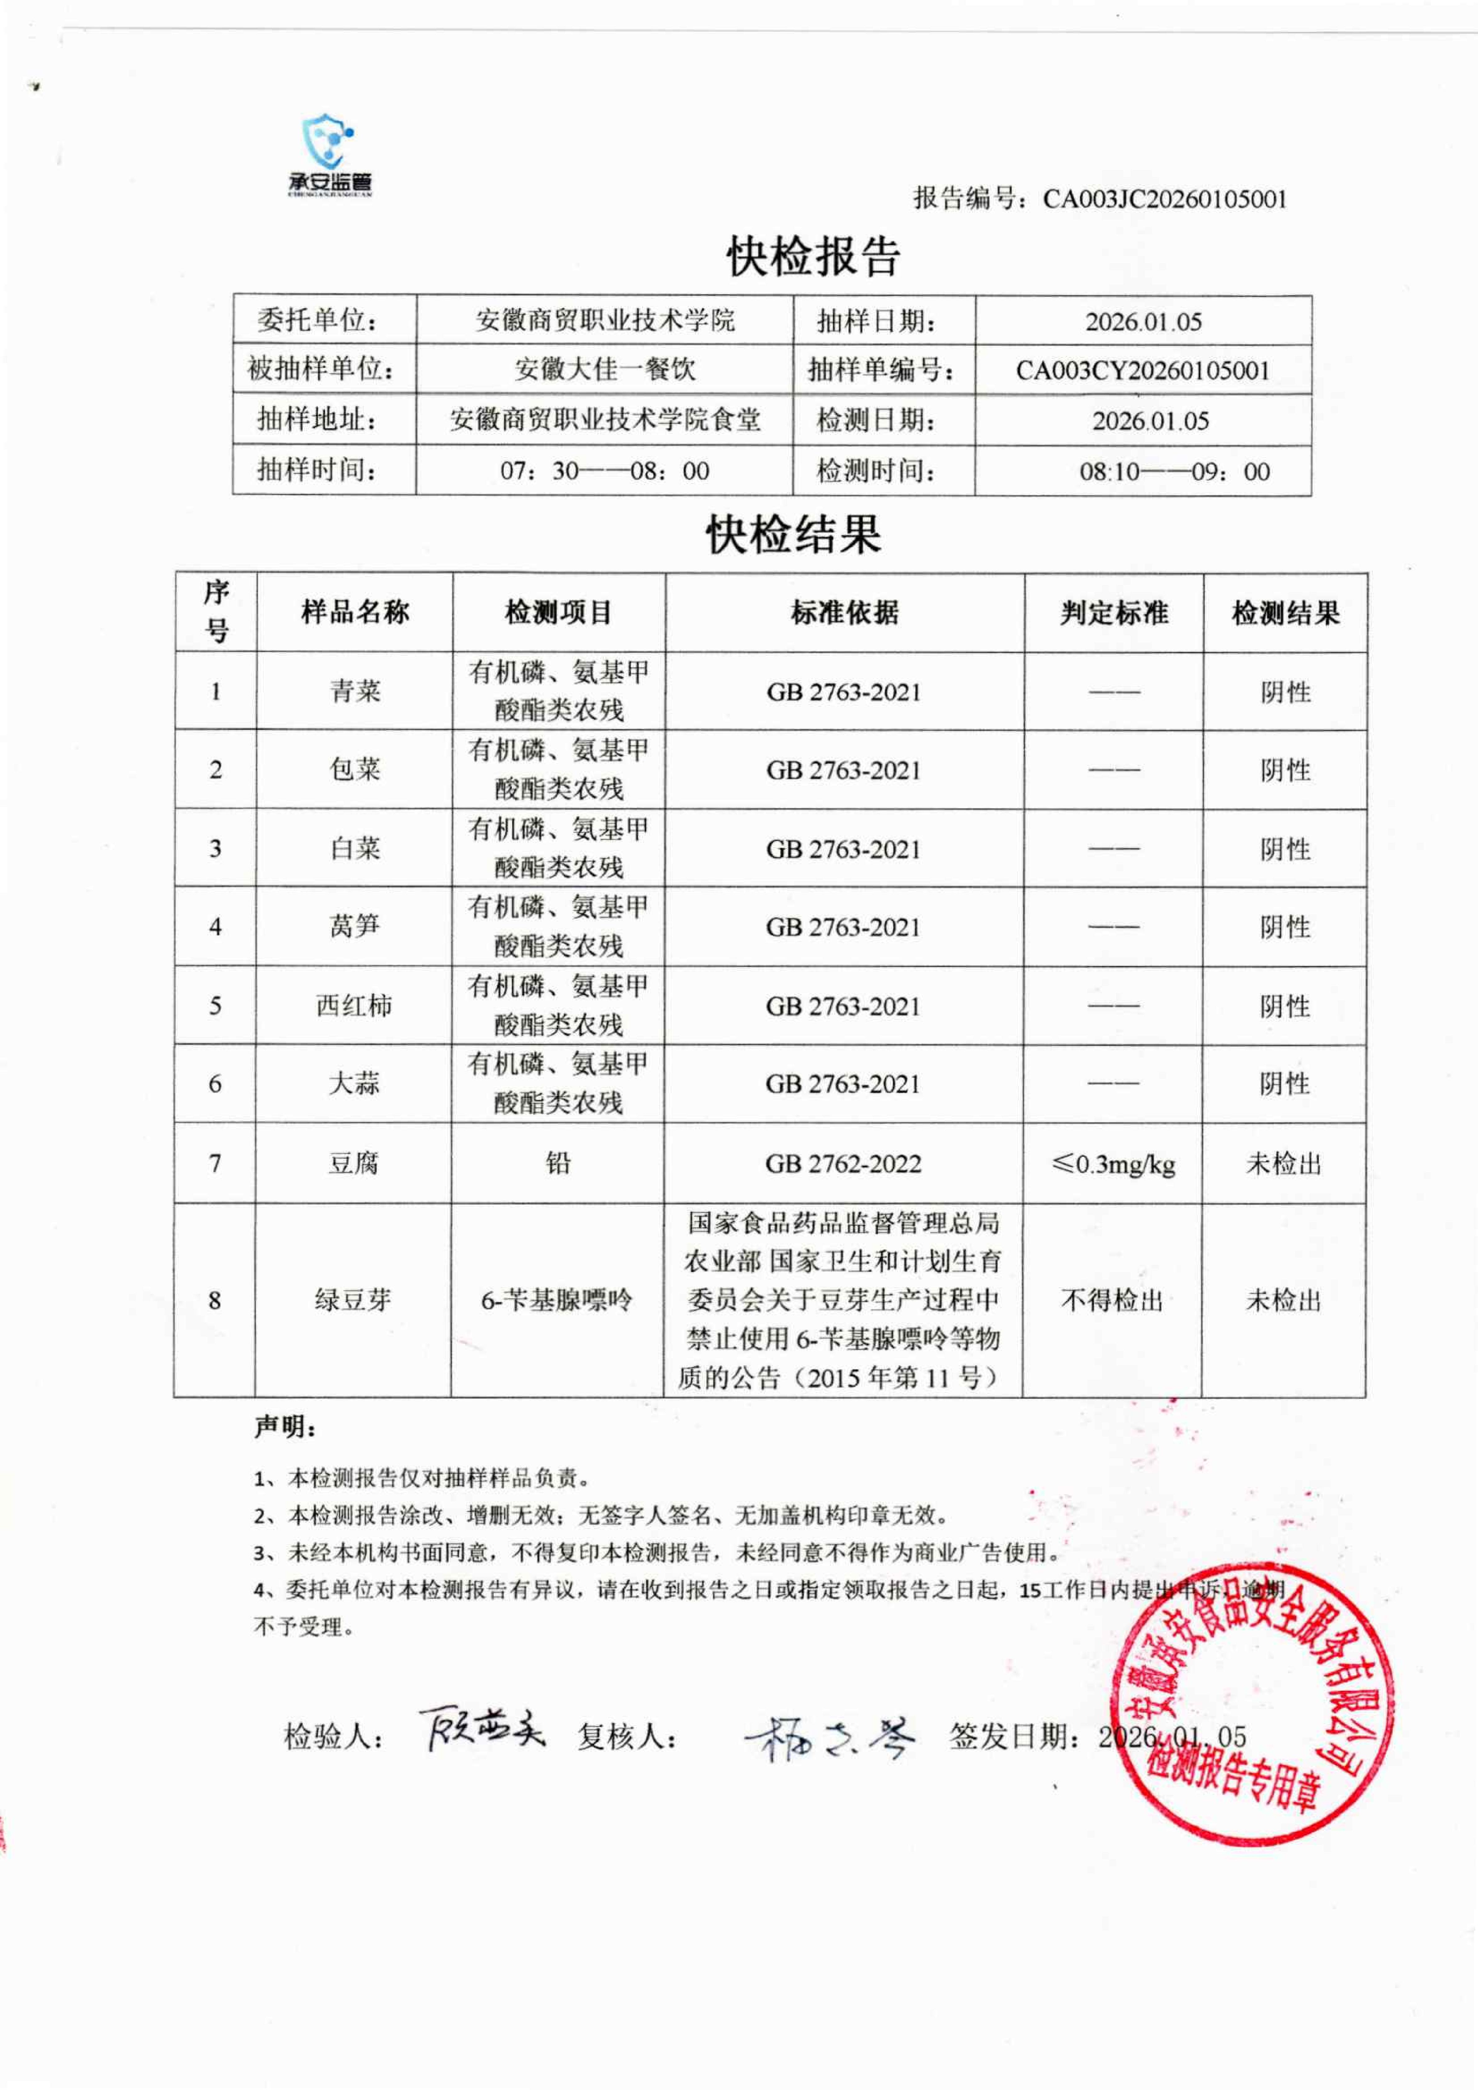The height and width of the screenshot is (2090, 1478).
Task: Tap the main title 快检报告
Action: click(813, 257)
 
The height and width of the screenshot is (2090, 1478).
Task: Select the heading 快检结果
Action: click(794, 534)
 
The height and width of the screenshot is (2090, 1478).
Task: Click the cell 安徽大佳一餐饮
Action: click(604, 370)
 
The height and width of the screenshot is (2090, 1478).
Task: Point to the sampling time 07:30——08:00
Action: click(604, 471)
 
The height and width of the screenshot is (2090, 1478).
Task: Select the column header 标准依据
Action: click(845, 613)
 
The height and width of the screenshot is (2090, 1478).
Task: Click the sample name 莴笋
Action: click(354, 927)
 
